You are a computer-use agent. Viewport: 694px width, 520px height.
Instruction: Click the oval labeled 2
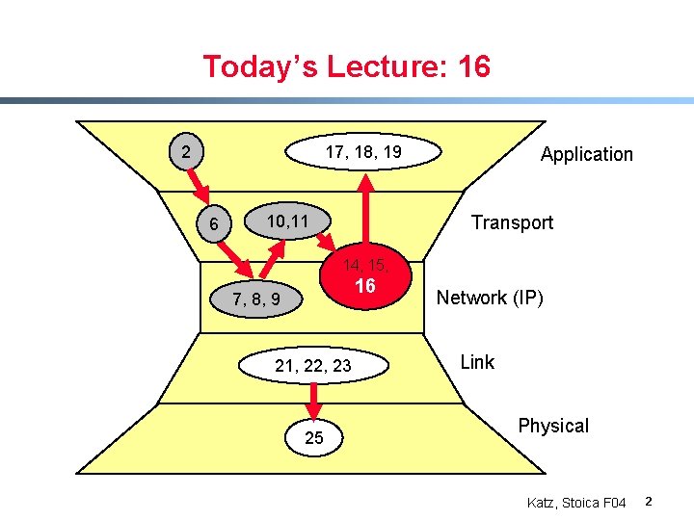pos(187,151)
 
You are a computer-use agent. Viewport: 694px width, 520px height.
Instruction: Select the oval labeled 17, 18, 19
pos(363,151)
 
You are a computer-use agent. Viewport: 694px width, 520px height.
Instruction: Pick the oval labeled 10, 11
pos(287,221)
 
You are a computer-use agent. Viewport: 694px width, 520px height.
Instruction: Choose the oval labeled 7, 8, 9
pos(256,299)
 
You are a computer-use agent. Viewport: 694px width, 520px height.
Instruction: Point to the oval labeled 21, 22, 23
pos(313,365)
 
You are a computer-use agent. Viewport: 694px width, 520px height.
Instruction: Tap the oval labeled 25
pos(314,438)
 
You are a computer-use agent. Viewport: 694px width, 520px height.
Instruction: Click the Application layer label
pos(586,154)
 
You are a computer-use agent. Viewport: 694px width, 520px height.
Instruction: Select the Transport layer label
pos(512,222)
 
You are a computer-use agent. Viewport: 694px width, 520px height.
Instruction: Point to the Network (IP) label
pos(490,298)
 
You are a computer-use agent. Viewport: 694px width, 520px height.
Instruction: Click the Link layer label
pos(477,362)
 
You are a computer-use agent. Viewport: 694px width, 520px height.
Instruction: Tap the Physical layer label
pos(553,426)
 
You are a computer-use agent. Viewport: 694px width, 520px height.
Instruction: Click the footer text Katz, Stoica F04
pos(576,503)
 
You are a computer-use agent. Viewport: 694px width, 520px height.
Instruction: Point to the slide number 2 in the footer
pos(649,502)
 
